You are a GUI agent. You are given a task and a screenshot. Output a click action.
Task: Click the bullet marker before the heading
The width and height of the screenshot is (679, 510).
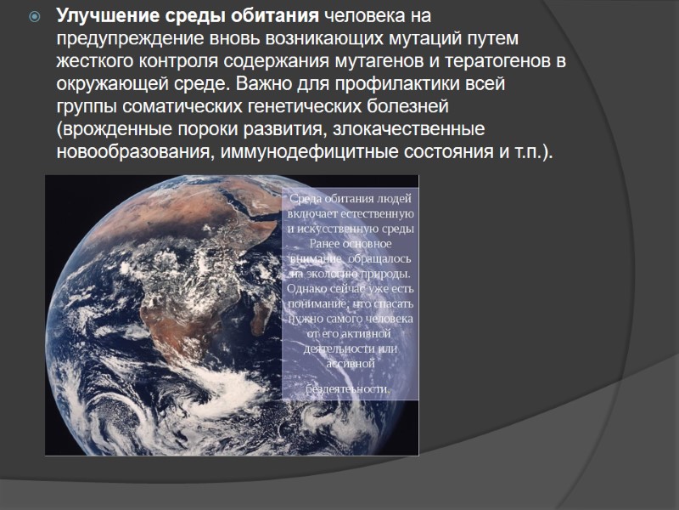[34, 18]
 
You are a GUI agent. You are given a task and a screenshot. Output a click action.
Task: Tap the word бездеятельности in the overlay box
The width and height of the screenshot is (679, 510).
[349, 388]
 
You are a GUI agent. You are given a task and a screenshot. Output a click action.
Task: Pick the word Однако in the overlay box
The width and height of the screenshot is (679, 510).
[310, 288]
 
